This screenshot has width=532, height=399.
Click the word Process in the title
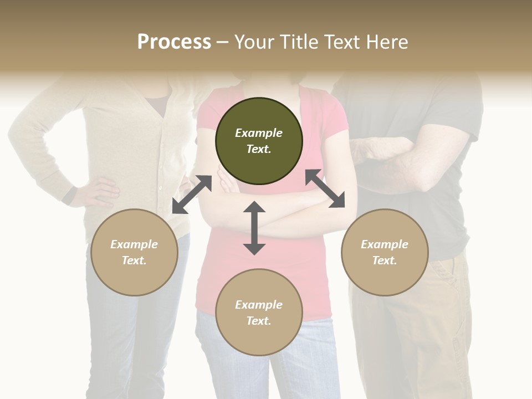174,42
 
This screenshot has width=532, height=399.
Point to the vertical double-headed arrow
254,228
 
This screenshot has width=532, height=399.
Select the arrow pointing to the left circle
192,195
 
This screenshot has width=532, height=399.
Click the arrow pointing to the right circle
325,188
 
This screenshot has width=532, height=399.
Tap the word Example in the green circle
259,133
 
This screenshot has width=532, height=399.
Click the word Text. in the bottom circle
259,321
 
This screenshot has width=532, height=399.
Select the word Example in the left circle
134,244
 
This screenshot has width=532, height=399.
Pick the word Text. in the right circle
385,260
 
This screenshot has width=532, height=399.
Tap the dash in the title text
223,42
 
